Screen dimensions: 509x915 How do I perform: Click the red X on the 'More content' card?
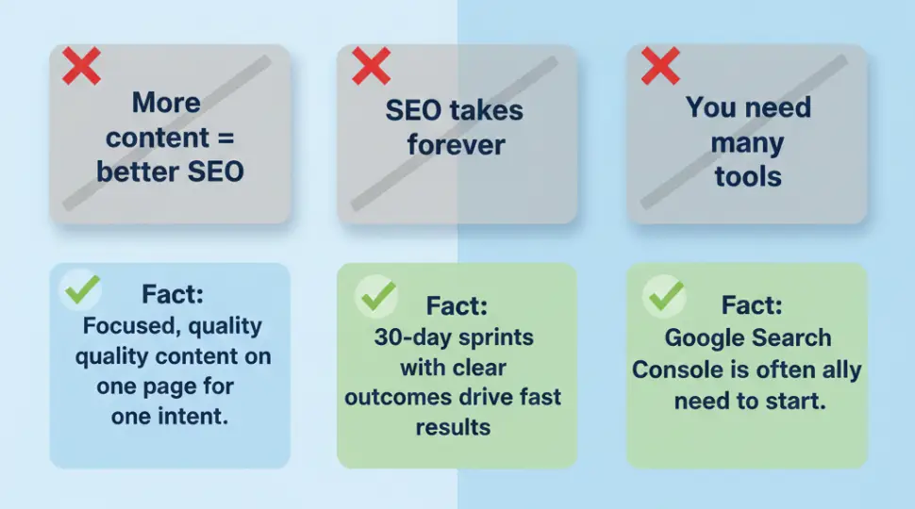pyautogui.click(x=81, y=66)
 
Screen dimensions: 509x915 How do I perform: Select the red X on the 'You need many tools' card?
pyautogui.click(x=659, y=66)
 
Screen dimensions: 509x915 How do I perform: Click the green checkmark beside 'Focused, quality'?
pyautogui.click(x=80, y=292)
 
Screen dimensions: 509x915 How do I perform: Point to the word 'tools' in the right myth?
pyautogui.click(x=747, y=175)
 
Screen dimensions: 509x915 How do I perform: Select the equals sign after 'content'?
pyautogui.click(x=225, y=138)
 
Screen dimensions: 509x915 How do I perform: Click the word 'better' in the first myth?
pyautogui.click(x=137, y=172)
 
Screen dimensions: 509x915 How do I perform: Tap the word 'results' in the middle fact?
pyautogui.click(x=453, y=427)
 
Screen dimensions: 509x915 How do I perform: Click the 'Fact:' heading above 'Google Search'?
pyautogui.click(x=752, y=305)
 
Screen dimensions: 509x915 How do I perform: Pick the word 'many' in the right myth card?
pyautogui.click(x=747, y=143)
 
